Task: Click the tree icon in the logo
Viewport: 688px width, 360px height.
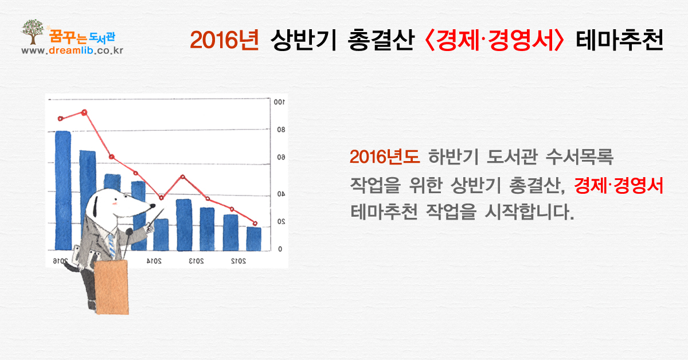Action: click(33, 32)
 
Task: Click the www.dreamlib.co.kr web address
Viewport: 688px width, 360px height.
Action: click(72, 50)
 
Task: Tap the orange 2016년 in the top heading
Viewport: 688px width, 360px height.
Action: click(225, 40)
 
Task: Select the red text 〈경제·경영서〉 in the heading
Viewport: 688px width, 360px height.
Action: click(494, 40)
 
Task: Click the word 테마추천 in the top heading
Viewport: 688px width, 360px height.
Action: click(620, 40)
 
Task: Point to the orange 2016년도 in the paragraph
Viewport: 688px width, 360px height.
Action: click(385, 156)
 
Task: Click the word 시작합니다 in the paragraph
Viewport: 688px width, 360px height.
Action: click(530, 212)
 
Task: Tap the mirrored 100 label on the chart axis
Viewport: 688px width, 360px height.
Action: click(279, 102)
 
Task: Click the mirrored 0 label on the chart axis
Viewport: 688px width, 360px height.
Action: click(280, 249)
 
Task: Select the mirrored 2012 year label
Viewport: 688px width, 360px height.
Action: click(239, 261)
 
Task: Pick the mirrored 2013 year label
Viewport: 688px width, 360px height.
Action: click(196, 261)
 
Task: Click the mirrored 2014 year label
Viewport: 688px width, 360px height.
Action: click(154, 261)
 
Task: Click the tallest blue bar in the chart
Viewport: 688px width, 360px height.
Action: click(63, 190)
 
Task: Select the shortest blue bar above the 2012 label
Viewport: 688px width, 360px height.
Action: click(254, 239)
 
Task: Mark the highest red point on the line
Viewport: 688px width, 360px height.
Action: click(84, 112)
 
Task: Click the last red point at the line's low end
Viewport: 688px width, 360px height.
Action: click(255, 224)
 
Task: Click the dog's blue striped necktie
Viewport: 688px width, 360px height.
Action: click(111, 246)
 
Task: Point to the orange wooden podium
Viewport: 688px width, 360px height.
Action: click(112, 287)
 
